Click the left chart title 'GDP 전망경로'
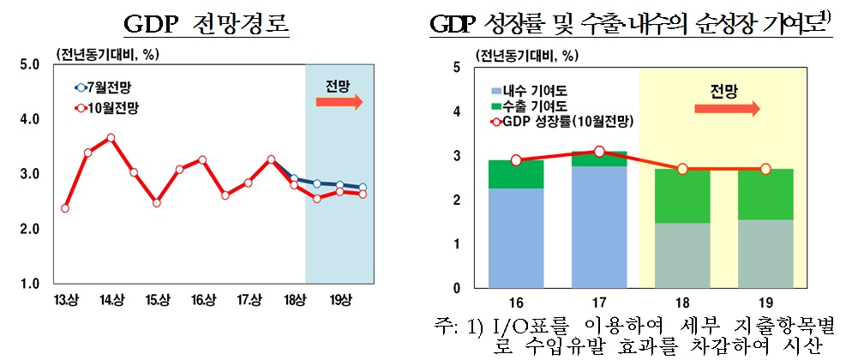coord(205,23)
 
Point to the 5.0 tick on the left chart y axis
coord(28,63)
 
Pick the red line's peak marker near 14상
coord(111,137)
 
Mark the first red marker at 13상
coord(65,208)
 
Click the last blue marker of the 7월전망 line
coord(363,188)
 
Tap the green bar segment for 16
coord(516,174)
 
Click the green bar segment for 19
coord(765,194)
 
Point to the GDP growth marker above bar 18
coord(682,169)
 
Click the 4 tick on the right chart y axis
coord(457,111)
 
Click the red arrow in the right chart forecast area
coord(727,109)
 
